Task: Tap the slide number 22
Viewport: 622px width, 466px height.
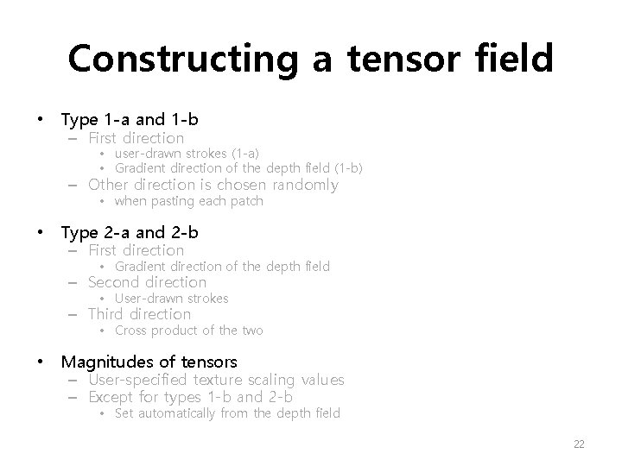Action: tap(579, 444)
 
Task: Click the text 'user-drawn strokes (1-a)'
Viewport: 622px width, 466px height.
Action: tap(187, 153)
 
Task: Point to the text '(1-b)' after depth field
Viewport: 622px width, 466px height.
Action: tap(346, 167)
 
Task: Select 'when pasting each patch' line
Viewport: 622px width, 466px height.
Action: tap(188, 201)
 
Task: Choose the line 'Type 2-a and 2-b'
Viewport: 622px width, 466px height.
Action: tap(130, 232)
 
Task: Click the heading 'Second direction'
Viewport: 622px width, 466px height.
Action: tap(148, 282)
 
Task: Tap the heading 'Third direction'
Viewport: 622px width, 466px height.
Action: tap(140, 314)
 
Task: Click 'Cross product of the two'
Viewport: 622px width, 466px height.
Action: tap(188, 331)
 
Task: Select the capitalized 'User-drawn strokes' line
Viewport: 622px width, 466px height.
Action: tap(171, 299)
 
